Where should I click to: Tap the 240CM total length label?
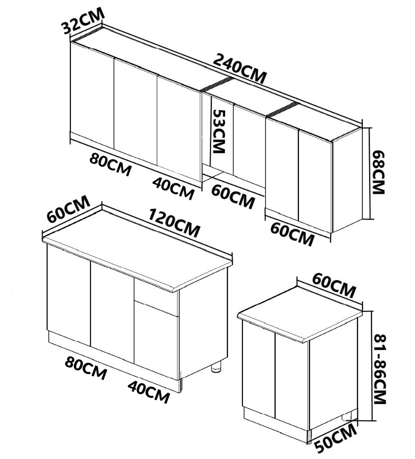click(x=240, y=69)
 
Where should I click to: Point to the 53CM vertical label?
click(x=219, y=131)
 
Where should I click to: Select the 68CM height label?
click(x=378, y=173)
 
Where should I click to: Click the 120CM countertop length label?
click(x=174, y=223)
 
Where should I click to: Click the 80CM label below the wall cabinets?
click(x=110, y=164)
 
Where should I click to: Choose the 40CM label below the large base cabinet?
click(x=149, y=391)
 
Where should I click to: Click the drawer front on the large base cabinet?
click(x=156, y=297)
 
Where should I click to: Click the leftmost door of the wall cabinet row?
click(x=92, y=96)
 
